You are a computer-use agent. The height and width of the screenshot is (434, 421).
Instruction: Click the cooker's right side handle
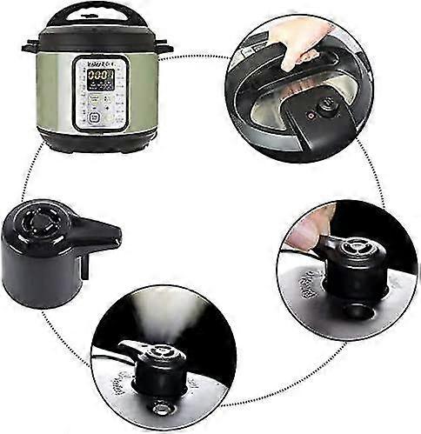click(165, 48)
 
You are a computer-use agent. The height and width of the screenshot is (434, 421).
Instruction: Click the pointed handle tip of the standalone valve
click(114, 233)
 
